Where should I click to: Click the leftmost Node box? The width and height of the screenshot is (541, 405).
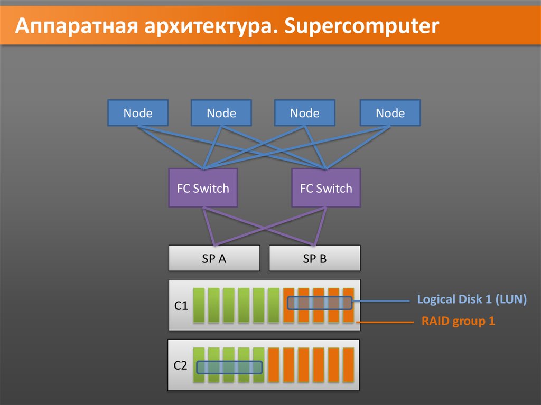click(x=138, y=113)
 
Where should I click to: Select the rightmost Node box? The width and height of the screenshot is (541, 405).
click(x=390, y=113)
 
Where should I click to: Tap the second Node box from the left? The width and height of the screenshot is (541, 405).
click(x=221, y=113)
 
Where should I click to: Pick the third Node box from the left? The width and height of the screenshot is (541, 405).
click(x=304, y=113)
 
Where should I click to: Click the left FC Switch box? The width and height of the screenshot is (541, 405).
click(x=203, y=188)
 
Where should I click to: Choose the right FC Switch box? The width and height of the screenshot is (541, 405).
click(x=325, y=188)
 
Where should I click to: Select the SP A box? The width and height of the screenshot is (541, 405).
click(x=214, y=259)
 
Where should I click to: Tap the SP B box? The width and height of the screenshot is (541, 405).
click(x=315, y=259)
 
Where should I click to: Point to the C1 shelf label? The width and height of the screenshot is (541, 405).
click(x=181, y=305)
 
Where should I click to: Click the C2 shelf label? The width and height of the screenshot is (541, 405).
click(x=181, y=365)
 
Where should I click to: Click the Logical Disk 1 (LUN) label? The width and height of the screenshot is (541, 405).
click(x=472, y=299)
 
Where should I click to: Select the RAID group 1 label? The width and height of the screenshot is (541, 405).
click(x=458, y=321)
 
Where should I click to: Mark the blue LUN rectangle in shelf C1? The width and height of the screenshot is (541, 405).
click(x=320, y=303)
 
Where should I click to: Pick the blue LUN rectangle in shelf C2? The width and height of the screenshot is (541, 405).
click(x=229, y=367)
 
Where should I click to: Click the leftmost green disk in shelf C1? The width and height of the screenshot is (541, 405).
click(x=198, y=305)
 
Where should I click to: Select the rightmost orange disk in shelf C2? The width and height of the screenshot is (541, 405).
click(x=349, y=365)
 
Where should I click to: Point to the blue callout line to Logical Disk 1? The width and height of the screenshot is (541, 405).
click(x=380, y=302)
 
